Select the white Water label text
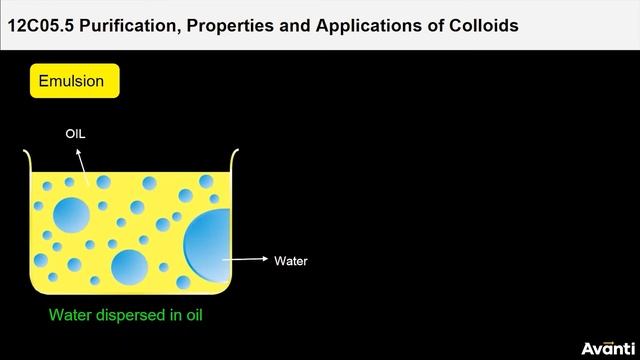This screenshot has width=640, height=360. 291,262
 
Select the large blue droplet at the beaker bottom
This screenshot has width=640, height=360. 129,268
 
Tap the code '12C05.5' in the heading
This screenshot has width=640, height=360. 40,26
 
